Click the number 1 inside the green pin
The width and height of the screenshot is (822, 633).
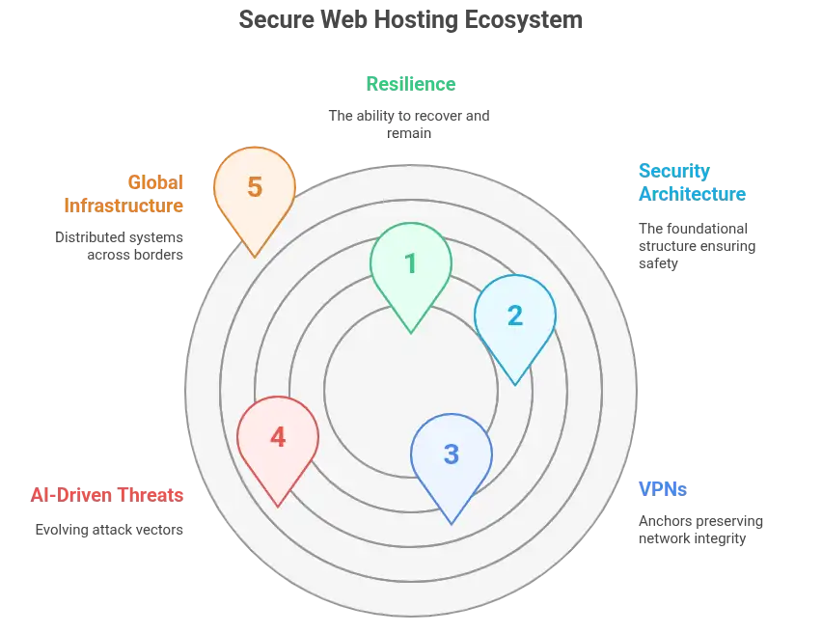pyautogui.click(x=411, y=263)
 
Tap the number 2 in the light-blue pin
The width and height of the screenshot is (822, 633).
pyautogui.click(x=515, y=316)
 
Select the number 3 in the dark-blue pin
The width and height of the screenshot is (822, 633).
pyautogui.click(x=452, y=454)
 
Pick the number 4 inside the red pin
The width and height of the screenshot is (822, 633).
pyautogui.click(x=278, y=437)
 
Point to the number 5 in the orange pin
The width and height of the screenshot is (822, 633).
pyautogui.click(x=254, y=186)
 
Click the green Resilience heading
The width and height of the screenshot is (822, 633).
pyautogui.click(x=411, y=83)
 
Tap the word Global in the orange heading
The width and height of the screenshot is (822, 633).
pyautogui.click(x=154, y=180)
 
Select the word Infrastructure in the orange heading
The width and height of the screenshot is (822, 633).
pyautogui.click(x=123, y=205)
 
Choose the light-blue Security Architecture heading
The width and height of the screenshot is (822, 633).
pyautogui.click(x=691, y=181)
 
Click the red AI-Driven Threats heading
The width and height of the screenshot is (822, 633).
pyautogui.click(x=106, y=494)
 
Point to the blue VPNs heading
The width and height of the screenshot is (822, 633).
pyautogui.click(x=662, y=489)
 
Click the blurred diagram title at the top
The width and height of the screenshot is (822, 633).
pyautogui.click(x=411, y=19)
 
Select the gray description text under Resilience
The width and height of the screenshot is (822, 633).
pyautogui.click(x=411, y=122)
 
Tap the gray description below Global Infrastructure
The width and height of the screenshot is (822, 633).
pyautogui.click(x=120, y=246)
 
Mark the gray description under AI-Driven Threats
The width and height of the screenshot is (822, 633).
pyautogui.click(x=108, y=530)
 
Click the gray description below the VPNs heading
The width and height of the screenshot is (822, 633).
pyautogui.click(x=699, y=530)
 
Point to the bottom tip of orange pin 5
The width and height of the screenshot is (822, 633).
pyautogui.click(x=254, y=256)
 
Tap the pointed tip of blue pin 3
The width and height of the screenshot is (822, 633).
pyautogui.click(x=452, y=524)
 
